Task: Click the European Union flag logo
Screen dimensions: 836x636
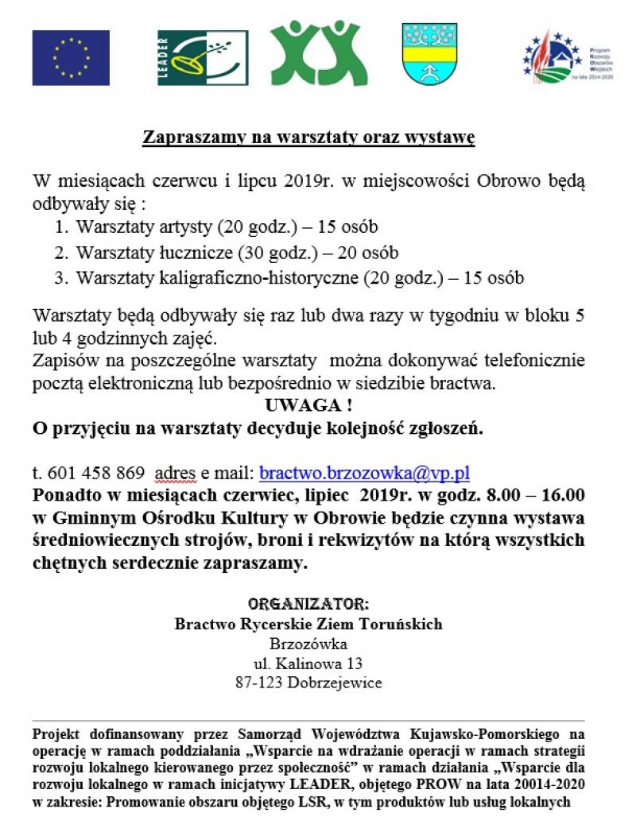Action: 71,58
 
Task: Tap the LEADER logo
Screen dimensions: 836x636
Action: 203,58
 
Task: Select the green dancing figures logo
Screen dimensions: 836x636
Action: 319,53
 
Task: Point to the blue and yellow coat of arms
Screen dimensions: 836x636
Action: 429,54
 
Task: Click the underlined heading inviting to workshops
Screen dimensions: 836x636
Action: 308,137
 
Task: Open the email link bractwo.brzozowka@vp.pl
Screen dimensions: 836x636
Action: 365,473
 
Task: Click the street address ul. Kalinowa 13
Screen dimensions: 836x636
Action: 308,663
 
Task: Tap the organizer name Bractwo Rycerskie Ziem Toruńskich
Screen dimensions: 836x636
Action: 308,623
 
